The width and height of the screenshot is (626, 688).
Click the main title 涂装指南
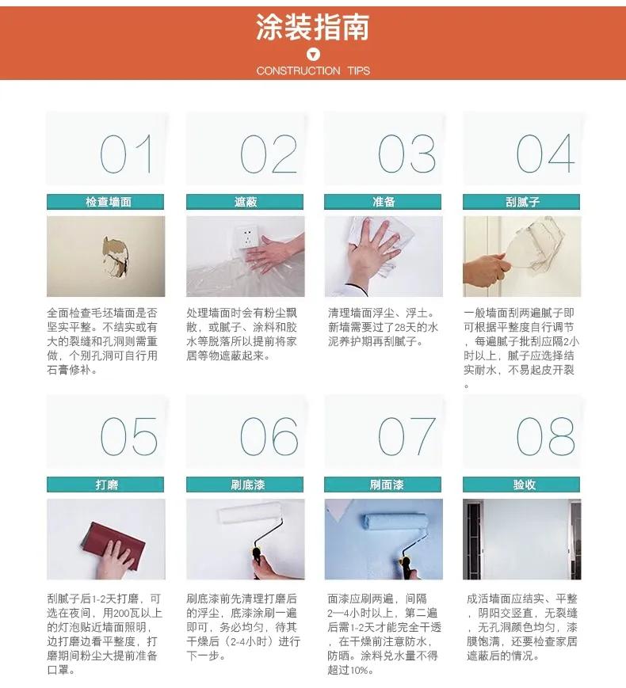point(312,28)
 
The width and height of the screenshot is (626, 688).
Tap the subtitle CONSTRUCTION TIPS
point(313,70)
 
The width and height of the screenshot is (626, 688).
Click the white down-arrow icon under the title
point(313,55)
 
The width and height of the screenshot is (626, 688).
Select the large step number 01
point(126,154)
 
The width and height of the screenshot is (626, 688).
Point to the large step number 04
point(545,154)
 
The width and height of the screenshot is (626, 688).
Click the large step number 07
point(407,436)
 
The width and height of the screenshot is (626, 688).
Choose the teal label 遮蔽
point(245,202)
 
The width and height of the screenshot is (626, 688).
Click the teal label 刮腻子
point(522,202)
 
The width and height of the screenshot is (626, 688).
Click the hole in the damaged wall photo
point(116,257)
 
